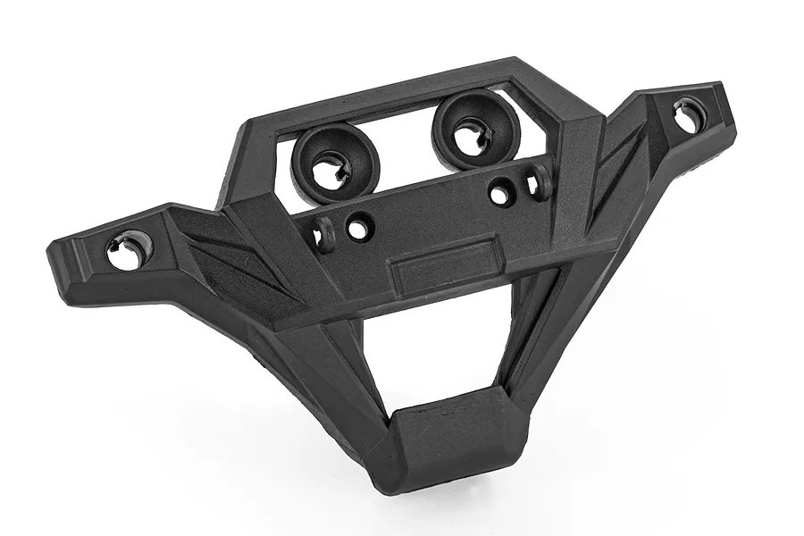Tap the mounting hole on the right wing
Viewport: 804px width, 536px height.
pyautogui.click(x=689, y=113)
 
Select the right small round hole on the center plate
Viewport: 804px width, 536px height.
pyautogui.click(x=502, y=191)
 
